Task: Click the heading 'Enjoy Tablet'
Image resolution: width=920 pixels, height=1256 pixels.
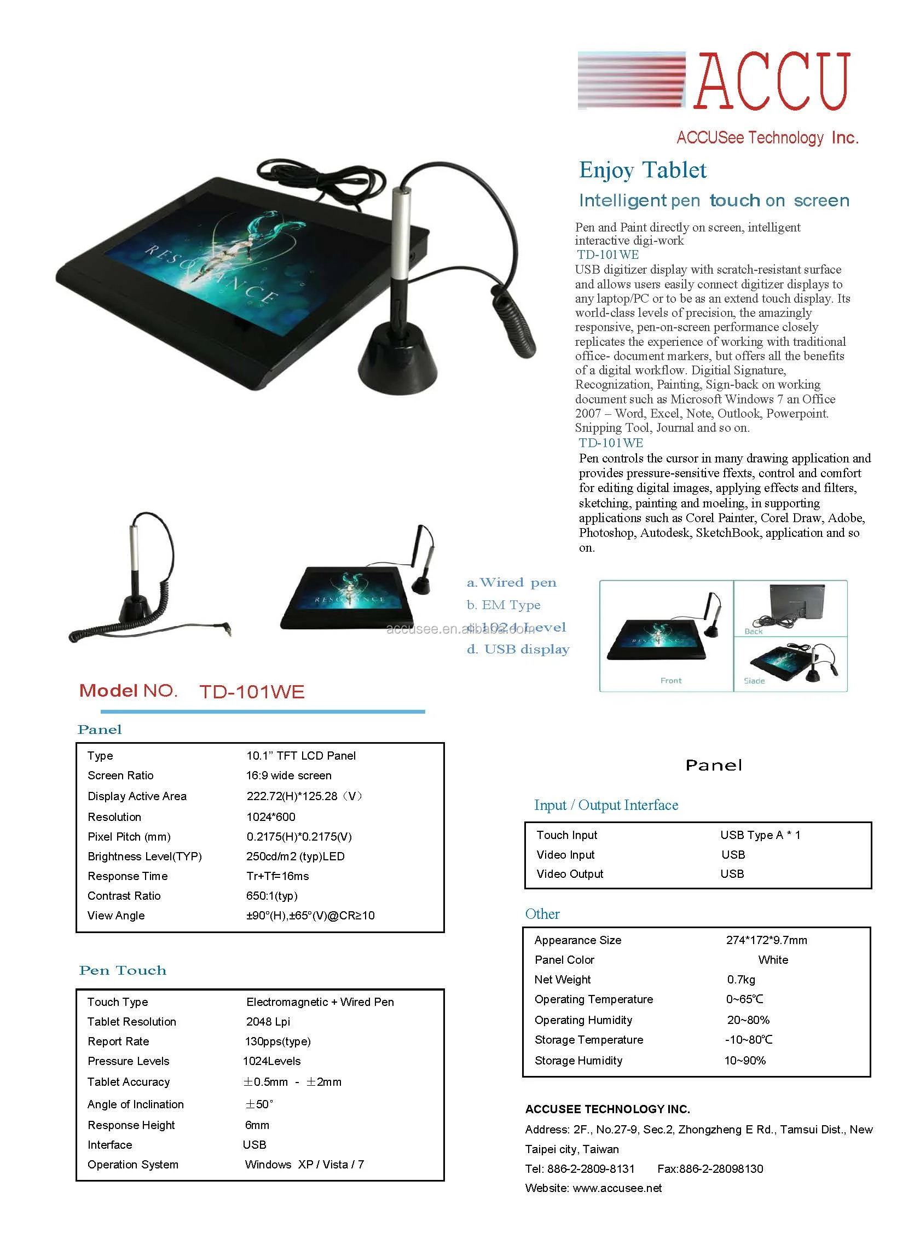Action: tap(643, 170)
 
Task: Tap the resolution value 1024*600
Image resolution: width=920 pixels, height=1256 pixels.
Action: tap(271, 817)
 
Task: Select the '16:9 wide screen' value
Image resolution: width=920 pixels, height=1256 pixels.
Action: tap(288, 775)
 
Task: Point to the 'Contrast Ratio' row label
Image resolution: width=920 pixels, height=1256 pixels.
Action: tap(124, 896)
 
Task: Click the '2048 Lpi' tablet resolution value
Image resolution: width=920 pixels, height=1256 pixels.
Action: tap(268, 1022)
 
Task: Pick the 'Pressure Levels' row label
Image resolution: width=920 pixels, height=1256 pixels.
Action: tap(128, 1061)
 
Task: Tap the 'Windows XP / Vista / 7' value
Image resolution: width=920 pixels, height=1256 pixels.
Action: tap(304, 1165)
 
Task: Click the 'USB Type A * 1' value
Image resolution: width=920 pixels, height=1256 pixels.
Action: tap(760, 835)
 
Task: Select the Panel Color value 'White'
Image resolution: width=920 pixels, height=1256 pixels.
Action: tap(773, 960)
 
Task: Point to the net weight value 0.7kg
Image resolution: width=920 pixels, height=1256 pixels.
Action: tap(741, 979)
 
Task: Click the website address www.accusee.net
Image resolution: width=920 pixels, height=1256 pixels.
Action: tap(617, 1188)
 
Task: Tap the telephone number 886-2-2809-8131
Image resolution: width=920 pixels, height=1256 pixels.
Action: tap(591, 1168)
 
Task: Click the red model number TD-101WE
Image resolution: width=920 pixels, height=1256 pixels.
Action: tap(252, 692)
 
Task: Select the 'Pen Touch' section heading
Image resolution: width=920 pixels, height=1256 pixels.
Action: tap(123, 970)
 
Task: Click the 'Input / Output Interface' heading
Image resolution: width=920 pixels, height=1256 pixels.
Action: tap(606, 805)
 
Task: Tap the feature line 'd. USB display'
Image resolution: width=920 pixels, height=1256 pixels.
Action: tap(518, 649)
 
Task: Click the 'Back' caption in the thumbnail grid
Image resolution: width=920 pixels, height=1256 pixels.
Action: tap(754, 632)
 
